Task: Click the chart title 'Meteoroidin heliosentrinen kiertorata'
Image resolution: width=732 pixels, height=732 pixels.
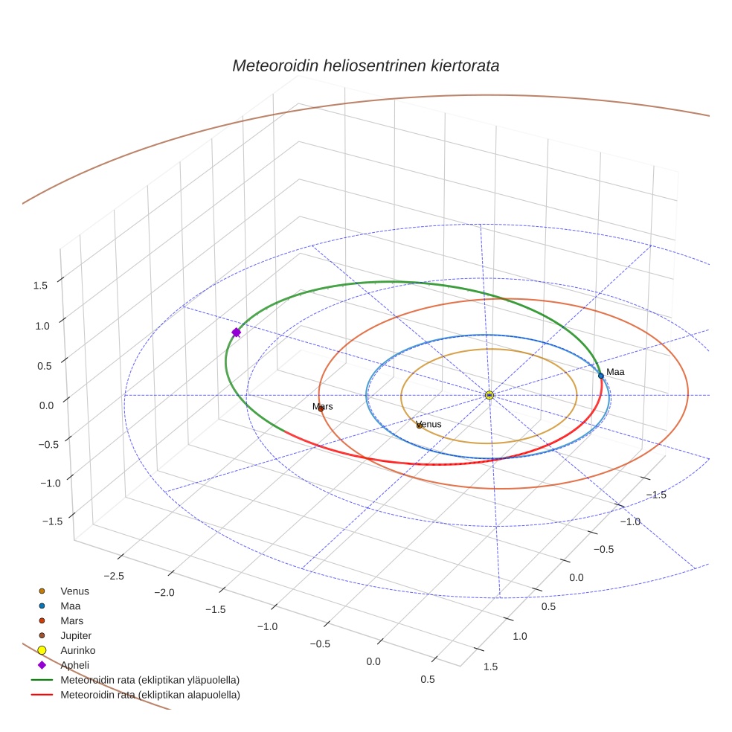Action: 365,65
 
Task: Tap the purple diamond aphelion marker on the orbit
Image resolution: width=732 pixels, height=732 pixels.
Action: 236,333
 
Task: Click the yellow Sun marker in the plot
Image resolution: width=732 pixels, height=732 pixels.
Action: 489,395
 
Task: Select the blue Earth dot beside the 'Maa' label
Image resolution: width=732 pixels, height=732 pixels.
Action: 601,376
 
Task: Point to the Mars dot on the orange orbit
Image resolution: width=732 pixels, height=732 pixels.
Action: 321,408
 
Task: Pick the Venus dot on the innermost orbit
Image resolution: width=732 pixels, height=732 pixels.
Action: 420,426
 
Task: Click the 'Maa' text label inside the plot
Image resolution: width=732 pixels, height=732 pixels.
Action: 615,371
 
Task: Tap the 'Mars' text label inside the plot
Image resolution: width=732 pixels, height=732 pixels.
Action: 322,406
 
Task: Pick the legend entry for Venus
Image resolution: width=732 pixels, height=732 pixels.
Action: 74,591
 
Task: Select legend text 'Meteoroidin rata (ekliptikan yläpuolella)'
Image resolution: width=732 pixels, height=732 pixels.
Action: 150,680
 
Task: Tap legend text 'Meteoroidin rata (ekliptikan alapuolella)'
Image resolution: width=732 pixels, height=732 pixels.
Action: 150,695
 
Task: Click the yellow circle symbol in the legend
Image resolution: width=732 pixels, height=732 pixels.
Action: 42,650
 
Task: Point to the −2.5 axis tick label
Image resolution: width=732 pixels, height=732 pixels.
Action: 114,576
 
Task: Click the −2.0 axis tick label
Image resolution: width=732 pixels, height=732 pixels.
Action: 164,593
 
